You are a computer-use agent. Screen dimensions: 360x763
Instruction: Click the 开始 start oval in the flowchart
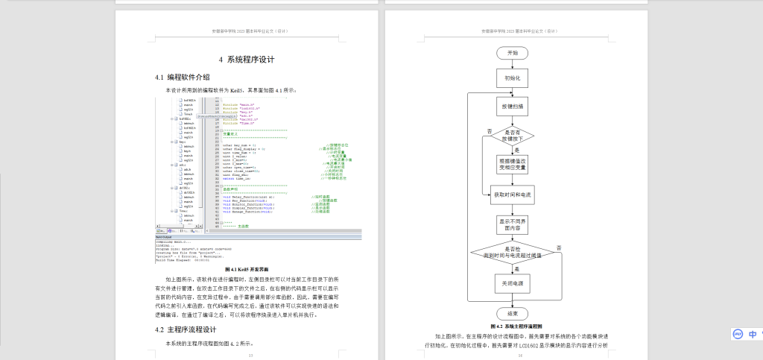pyautogui.click(x=512, y=53)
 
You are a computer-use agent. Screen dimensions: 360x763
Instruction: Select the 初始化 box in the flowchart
pyautogui.click(x=512, y=78)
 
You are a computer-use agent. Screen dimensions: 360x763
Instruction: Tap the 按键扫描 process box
pyautogui.click(x=512, y=106)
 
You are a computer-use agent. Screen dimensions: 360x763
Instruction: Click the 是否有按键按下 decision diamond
pyautogui.click(x=512, y=136)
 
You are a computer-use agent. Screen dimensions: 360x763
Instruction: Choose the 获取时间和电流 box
pyautogui.click(x=512, y=195)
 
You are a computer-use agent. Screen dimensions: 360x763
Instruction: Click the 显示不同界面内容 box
pyautogui.click(x=512, y=224)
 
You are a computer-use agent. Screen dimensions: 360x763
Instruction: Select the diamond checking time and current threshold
pyautogui.click(x=512, y=253)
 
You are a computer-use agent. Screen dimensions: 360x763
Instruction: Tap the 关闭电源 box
pyautogui.click(x=512, y=283)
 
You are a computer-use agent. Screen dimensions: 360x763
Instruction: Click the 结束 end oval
pyautogui.click(x=512, y=313)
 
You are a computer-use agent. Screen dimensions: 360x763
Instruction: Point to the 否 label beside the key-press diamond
pyautogui.click(x=490, y=131)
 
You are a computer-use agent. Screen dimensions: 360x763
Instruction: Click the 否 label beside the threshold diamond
pyautogui.click(x=559, y=247)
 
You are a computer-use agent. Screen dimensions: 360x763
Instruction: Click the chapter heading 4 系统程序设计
pyautogui.click(x=247, y=60)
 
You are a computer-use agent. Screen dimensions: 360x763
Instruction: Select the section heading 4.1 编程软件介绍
pyautogui.click(x=183, y=77)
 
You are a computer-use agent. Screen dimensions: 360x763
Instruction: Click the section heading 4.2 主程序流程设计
pyautogui.click(x=186, y=329)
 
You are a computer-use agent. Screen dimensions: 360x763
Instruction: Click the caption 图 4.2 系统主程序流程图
pyautogui.click(x=516, y=326)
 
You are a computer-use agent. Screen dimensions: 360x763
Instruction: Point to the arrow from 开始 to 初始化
pyautogui.click(x=512, y=64)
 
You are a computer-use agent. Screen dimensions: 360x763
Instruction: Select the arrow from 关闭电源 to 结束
pyautogui.click(x=512, y=300)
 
